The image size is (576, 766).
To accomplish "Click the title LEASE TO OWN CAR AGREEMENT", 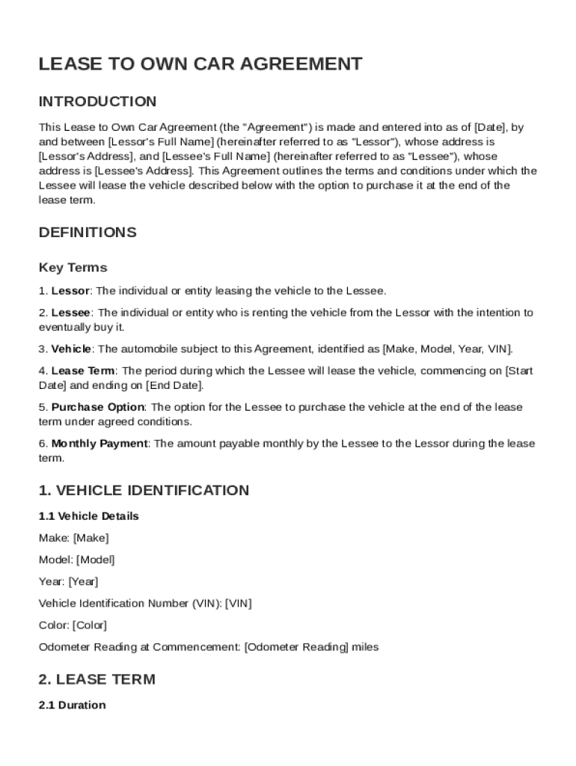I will [200, 64].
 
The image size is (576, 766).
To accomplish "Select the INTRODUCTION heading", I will [97, 102].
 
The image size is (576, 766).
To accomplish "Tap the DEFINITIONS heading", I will [88, 233].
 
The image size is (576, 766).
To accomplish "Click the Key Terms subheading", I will [73, 268].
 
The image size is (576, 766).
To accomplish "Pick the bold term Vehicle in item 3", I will [71, 349].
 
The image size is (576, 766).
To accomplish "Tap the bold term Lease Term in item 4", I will [83, 371].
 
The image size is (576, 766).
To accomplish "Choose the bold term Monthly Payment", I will [99, 444].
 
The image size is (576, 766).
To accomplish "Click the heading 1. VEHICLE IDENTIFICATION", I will [144, 491].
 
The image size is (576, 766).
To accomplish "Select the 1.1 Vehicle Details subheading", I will [88, 516].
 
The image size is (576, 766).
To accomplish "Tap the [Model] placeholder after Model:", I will [96, 560].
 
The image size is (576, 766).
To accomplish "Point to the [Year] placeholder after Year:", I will [83, 581].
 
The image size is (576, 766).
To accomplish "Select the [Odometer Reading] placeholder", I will [296, 647].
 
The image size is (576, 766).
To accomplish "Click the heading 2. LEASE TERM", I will [96, 680].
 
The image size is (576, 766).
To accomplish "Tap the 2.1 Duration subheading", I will [72, 705].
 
